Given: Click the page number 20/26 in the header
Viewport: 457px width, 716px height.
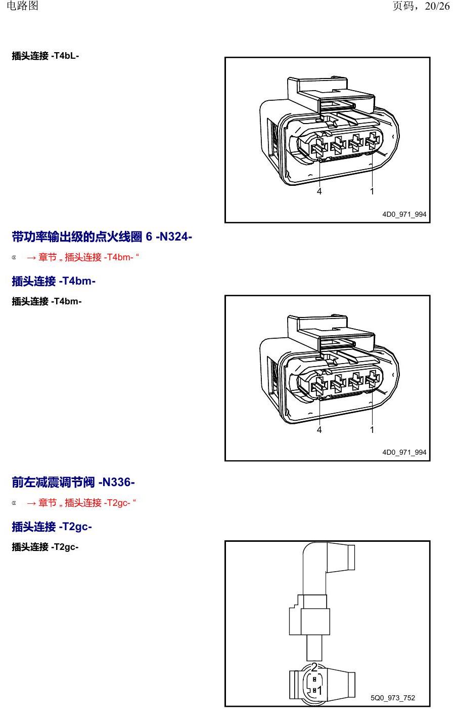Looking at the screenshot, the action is [437, 6].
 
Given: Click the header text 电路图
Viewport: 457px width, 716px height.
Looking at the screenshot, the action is [22, 6].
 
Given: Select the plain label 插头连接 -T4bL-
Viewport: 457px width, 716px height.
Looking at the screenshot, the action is [45, 56].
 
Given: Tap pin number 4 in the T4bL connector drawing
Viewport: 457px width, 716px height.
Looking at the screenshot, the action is [319, 191].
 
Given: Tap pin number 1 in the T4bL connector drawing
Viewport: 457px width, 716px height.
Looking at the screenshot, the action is [372, 191].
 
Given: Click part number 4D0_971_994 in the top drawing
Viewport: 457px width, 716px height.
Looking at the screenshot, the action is [404, 214].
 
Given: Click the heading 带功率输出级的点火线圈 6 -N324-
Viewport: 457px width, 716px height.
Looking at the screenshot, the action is [102, 236].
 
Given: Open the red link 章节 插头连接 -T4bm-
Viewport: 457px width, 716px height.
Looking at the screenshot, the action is [83, 257].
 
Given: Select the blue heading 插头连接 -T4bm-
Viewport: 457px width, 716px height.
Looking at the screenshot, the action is [54, 281].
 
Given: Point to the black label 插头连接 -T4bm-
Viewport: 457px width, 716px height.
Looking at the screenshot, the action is [47, 301].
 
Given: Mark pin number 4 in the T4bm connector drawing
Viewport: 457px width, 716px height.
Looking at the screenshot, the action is [319, 429].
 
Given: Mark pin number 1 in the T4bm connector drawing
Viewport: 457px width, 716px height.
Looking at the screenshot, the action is [372, 429].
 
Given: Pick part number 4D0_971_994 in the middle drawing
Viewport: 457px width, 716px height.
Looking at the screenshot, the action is [404, 452].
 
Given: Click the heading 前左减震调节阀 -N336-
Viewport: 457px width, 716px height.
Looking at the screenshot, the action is [73, 482].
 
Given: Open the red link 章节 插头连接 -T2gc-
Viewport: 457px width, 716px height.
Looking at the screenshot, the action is [81, 503].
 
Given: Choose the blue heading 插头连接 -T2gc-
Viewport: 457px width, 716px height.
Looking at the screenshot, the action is [52, 527].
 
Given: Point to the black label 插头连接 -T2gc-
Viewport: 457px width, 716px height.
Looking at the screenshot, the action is [45, 547].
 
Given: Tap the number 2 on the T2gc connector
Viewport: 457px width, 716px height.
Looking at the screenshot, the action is [314, 667].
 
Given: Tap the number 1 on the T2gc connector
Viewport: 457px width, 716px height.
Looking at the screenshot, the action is [319, 691].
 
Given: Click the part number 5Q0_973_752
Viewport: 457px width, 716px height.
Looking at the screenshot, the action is [393, 698].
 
